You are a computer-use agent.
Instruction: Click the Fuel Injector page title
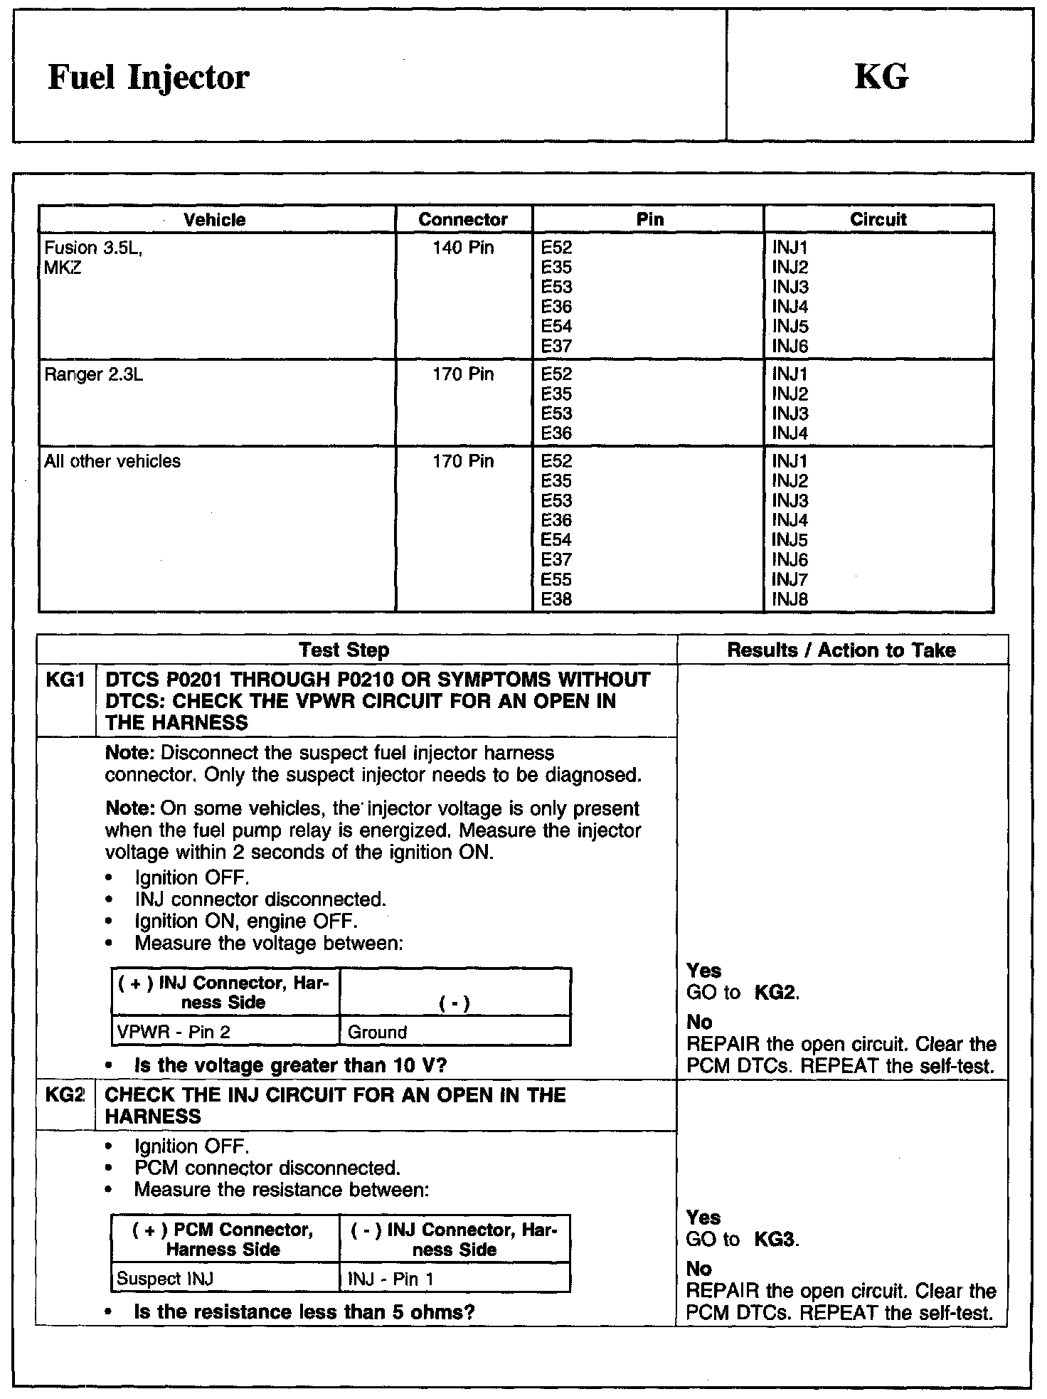click(148, 77)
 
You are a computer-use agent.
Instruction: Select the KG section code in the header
click(881, 77)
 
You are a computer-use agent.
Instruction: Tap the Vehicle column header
click(215, 219)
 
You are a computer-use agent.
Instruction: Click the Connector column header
click(463, 219)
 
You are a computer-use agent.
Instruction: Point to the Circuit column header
click(878, 219)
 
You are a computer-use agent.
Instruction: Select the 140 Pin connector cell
click(463, 248)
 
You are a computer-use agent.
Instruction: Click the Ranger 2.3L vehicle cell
click(94, 374)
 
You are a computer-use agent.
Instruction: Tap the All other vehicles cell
click(112, 461)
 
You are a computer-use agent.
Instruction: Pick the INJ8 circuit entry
click(790, 599)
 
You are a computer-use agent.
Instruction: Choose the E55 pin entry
click(556, 579)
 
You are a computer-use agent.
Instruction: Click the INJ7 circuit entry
click(790, 579)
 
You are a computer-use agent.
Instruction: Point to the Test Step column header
click(344, 650)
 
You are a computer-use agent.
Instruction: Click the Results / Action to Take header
click(841, 650)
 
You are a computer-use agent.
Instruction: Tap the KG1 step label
click(64, 680)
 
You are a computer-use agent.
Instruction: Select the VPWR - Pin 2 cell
click(174, 1032)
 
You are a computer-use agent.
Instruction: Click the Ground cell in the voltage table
click(378, 1032)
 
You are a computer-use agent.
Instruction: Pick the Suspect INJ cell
click(165, 1279)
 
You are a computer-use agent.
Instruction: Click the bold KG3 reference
click(775, 1240)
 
